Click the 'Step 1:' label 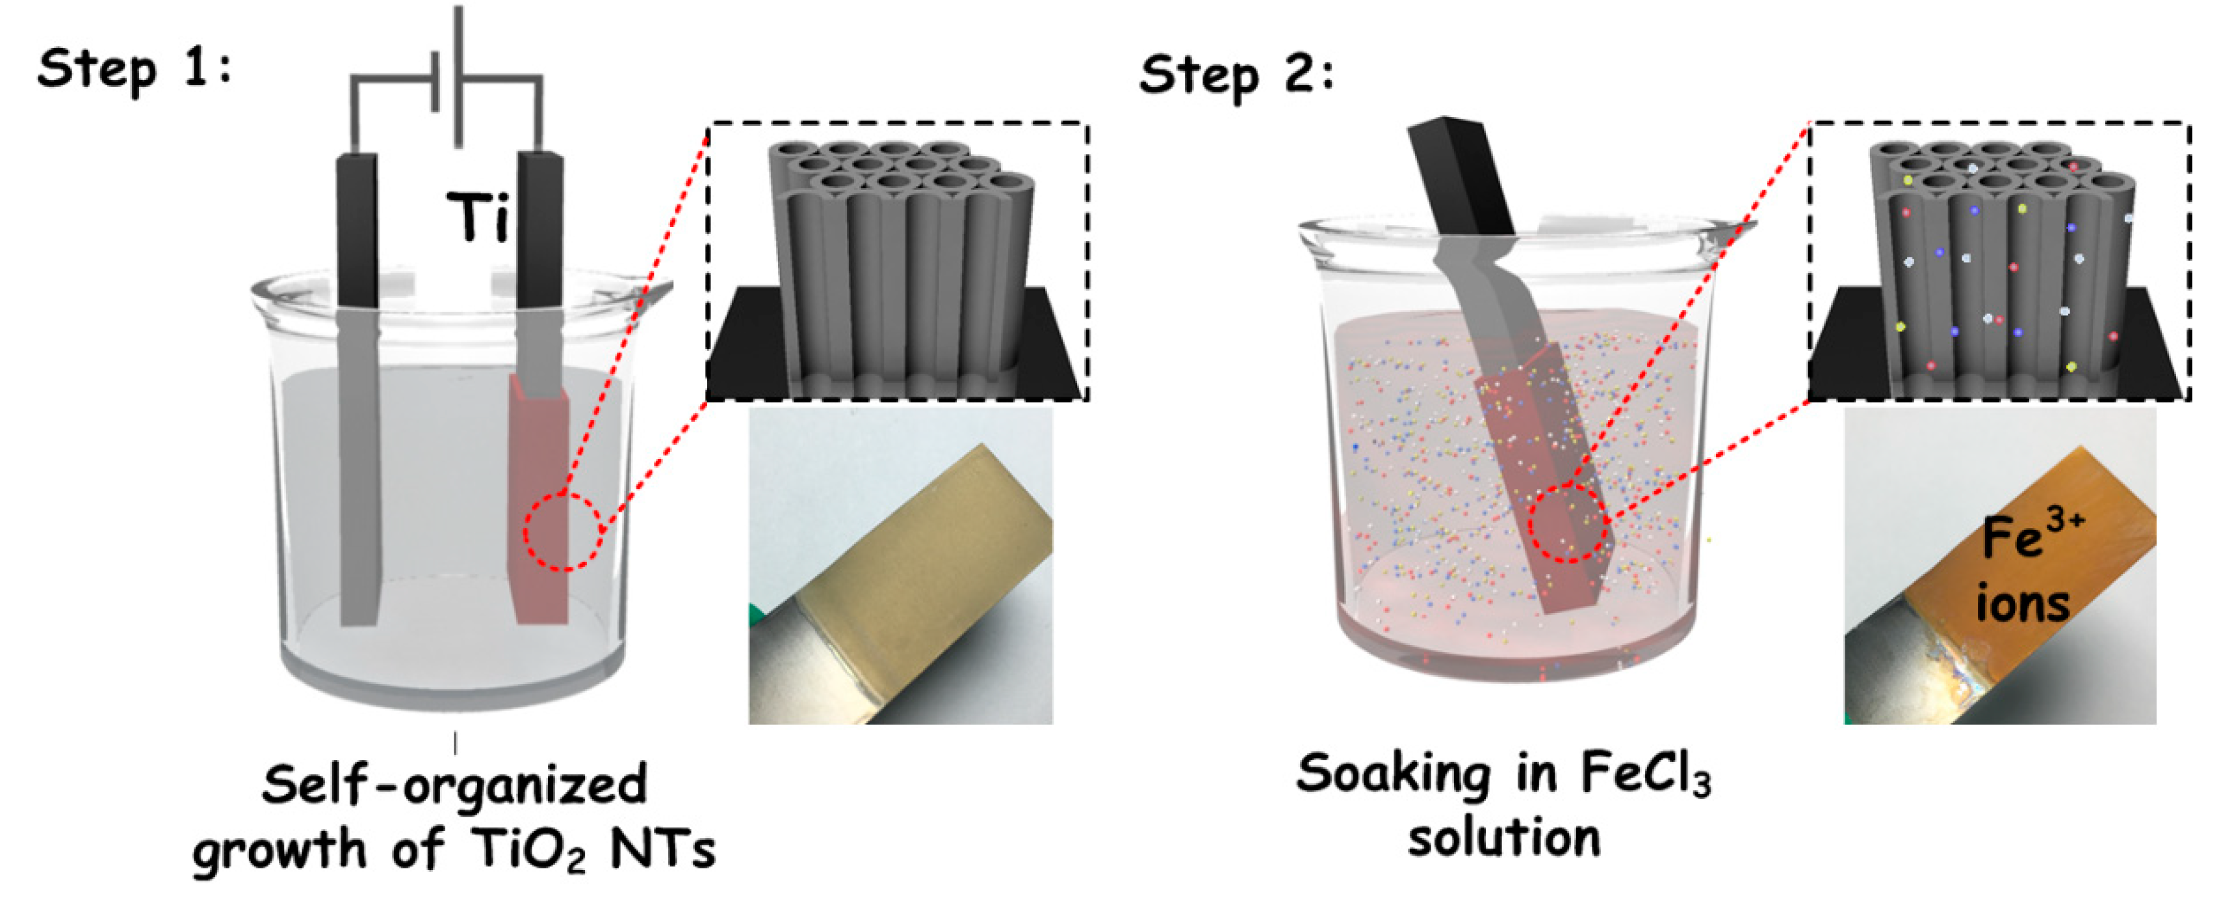pos(135,70)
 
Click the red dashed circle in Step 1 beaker pos(562,531)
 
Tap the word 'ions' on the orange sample pos(2023,602)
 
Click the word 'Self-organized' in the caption pos(454,785)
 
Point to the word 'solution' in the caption pos(1504,838)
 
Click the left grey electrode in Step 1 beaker pos(359,468)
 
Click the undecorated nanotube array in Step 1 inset pos(901,260)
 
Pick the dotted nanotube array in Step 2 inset pos(2001,260)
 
